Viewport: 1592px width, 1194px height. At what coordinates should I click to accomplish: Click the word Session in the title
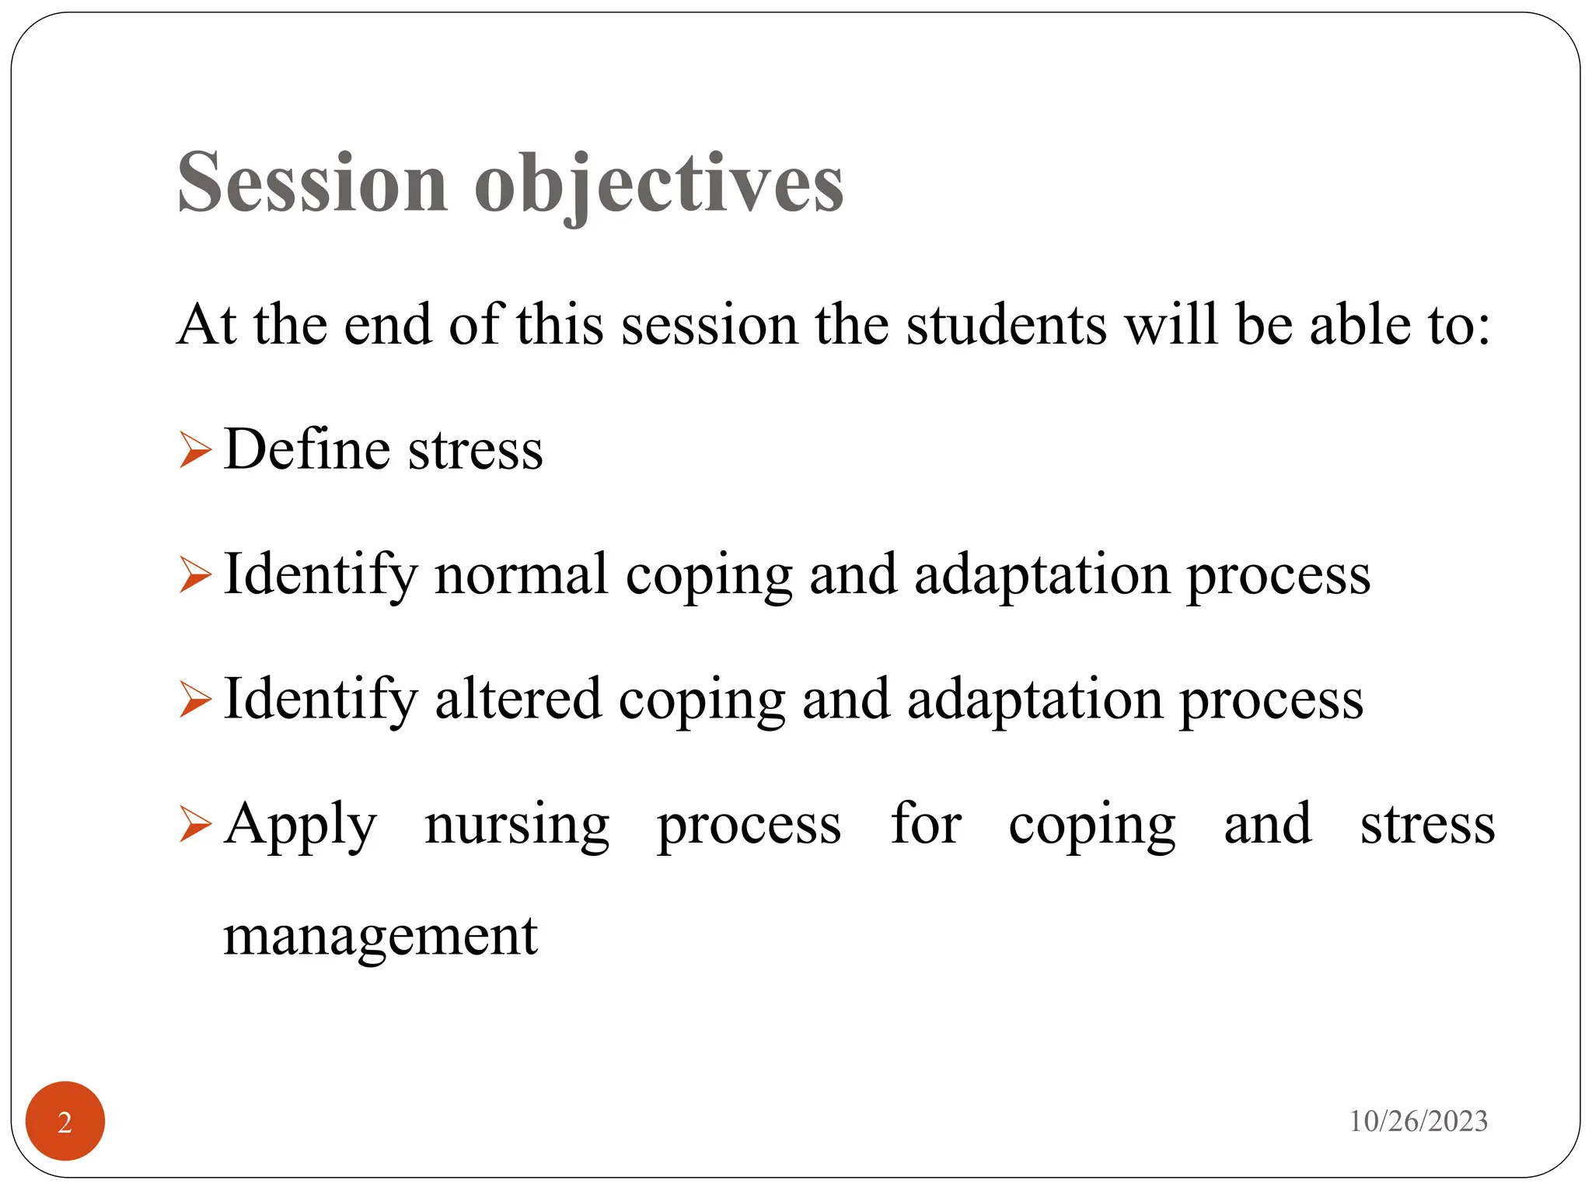pyautogui.click(x=312, y=183)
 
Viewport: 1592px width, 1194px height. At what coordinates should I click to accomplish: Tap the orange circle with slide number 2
pyautogui.click(x=65, y=1121)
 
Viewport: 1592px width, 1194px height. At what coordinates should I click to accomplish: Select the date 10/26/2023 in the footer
pyautogui.click(x=1418, y=1121)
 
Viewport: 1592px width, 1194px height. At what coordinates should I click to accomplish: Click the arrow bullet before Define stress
pyautogui.click(x=194, y=450)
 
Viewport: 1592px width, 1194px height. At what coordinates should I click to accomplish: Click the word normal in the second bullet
pyautogui.click(x=521, y=574)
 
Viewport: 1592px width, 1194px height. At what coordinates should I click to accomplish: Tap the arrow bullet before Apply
pyautogui.click(x=194, y=824)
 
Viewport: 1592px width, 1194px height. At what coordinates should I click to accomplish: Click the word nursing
pyautogui.click(x=517, y=826)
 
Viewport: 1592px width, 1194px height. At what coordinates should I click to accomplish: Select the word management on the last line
pyautogui.click(x=380, y=936)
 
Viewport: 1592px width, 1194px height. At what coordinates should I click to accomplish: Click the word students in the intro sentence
pyautogui.click(x=1007, y=324)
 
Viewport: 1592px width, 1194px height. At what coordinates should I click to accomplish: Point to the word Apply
pyautogui.click(x=301, y=826)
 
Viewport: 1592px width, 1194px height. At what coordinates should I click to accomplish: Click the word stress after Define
pyautogui.click(x=475, y=451)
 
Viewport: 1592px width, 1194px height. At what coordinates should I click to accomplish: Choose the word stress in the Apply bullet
pyautogui.click(x=1427, y=826)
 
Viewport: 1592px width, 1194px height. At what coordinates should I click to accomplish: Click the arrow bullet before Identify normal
pyautogui.click(x=194, y=575)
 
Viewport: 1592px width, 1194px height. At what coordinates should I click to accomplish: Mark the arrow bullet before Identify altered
pyautogui.click(x=194, y=699)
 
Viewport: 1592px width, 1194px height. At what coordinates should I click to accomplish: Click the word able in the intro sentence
pyautogui.click(x=1359, y=324)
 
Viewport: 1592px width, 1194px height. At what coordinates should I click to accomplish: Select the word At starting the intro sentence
pyautogui.click(x=206, y=324)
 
